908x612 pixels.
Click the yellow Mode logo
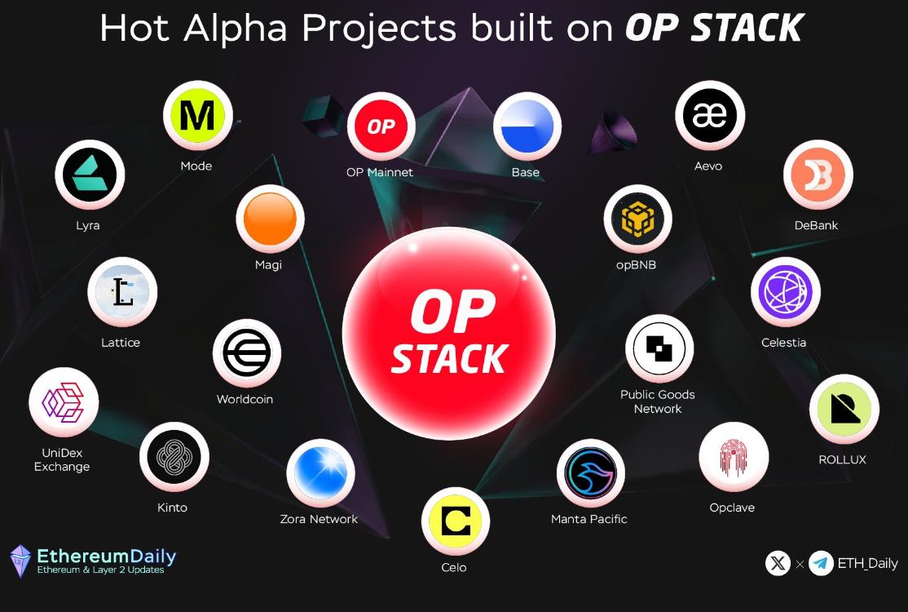pos(198,118)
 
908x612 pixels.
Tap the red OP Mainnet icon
pos(381,126)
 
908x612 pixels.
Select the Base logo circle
pos(527,127)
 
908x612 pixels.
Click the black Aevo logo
pos(710,115)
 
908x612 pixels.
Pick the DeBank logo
pos(818,175)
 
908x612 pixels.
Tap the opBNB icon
pos(638,219)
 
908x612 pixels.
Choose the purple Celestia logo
pos(786,292)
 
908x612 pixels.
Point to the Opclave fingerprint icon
pos(734,457)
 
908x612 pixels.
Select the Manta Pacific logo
pos(591,473)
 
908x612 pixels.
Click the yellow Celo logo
pos(456,521)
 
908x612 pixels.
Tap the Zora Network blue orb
pos(321,473)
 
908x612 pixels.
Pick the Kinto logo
pos(174,457)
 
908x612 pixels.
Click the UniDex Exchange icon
pos(64,402)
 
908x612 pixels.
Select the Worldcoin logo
pos(247,353)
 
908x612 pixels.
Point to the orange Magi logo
pos(270,219)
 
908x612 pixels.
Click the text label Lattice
pos(121,343)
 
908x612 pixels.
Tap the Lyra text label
pos(88,225)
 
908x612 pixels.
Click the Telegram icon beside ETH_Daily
pos(821,563)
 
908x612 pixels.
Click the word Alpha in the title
pos(236,29)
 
